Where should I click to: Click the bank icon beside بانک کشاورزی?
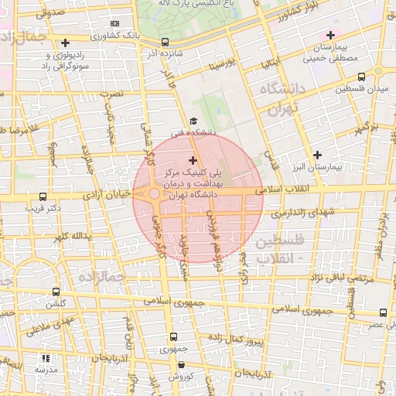tap(115, 23)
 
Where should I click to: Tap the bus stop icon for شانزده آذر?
tap(165, 43)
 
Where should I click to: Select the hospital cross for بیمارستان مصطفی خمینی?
tap(331, 35)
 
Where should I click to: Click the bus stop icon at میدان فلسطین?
tap(362, 77)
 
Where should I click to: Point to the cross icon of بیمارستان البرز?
tap(316, 154)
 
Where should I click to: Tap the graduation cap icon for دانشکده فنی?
tap(193, 121)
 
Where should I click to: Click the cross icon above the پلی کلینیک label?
tap(193, 159)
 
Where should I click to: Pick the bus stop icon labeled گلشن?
tap(56, 292)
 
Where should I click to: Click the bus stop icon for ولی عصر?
tap(383, 312)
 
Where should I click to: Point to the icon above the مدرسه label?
tap(45, 359)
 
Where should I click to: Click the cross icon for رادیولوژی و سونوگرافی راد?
tap(65, 43)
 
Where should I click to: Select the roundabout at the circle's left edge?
tap(154, 193)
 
